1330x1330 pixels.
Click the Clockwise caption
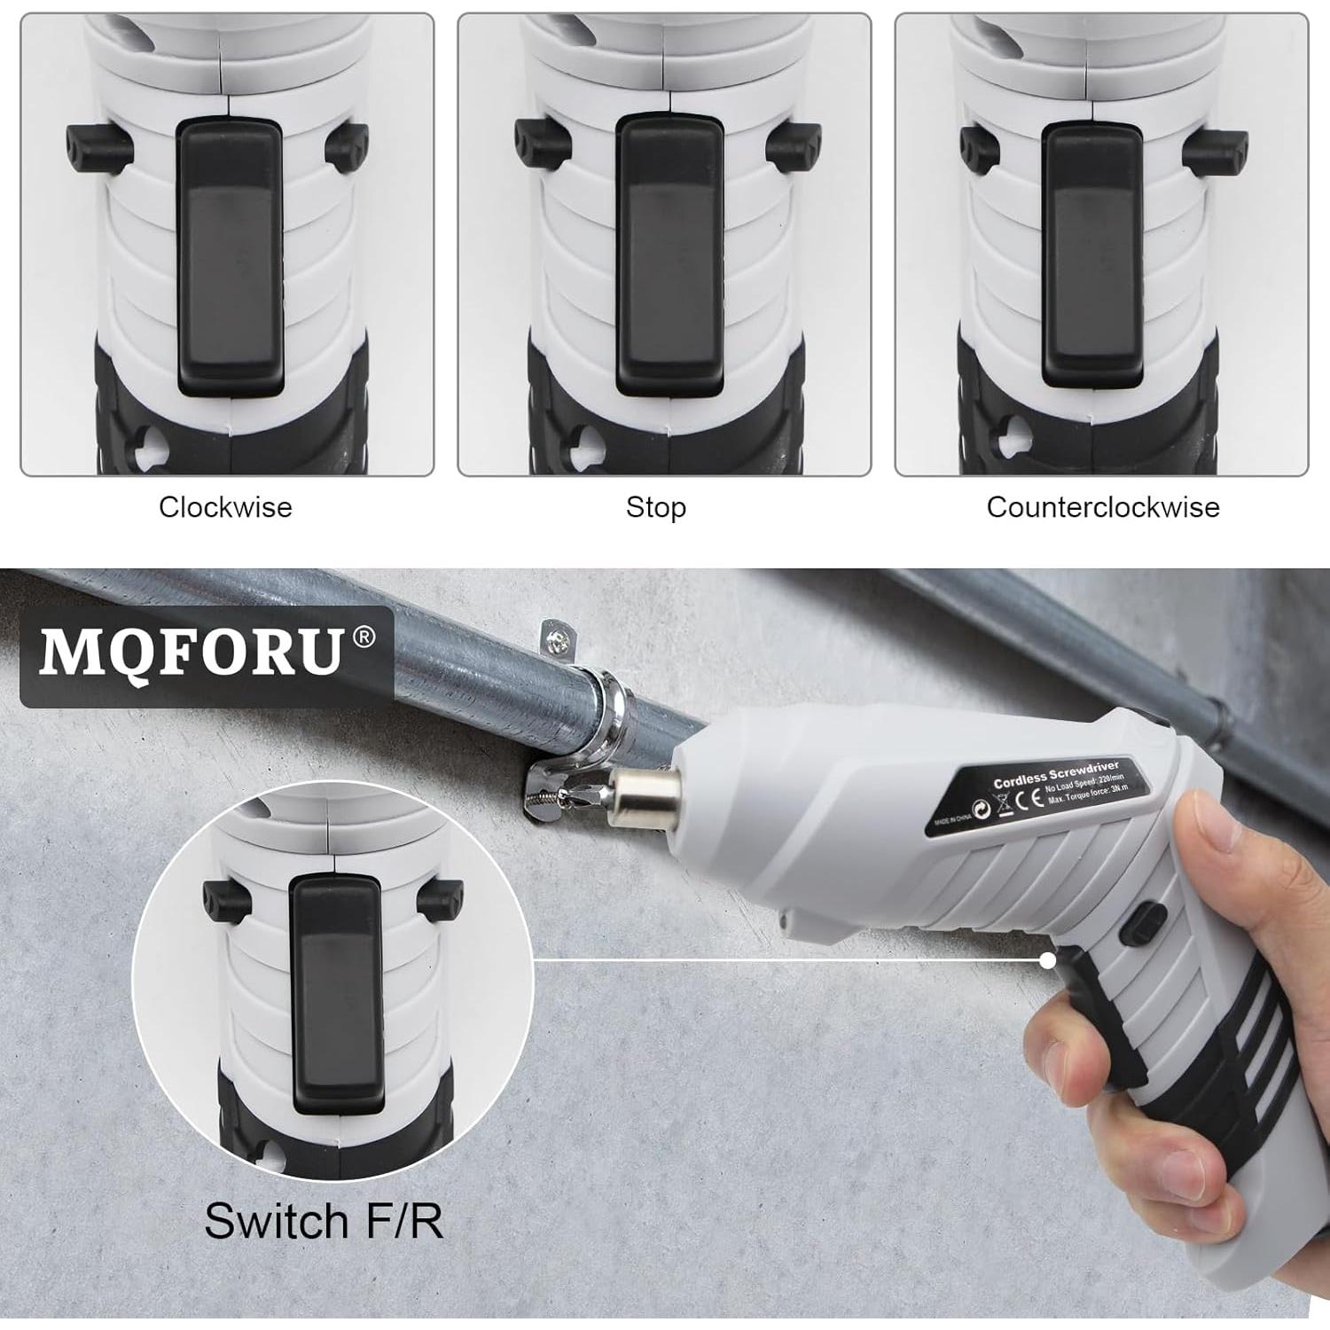pos(225,507)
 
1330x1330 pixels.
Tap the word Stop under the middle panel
pos(656,507)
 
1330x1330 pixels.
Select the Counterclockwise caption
pos(1103,507)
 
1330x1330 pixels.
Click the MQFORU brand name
pos(191,653)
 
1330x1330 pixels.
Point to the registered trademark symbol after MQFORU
pos(364,637)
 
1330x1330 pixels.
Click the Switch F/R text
pos(324,1221)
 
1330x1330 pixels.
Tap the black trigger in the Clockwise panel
pos(230,257)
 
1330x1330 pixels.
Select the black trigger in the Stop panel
pos(669,257)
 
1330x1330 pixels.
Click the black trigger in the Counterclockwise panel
pos(1092,257)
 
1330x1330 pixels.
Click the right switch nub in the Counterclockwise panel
pos(1216,147)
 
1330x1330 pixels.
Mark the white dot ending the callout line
pos(1048,959)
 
